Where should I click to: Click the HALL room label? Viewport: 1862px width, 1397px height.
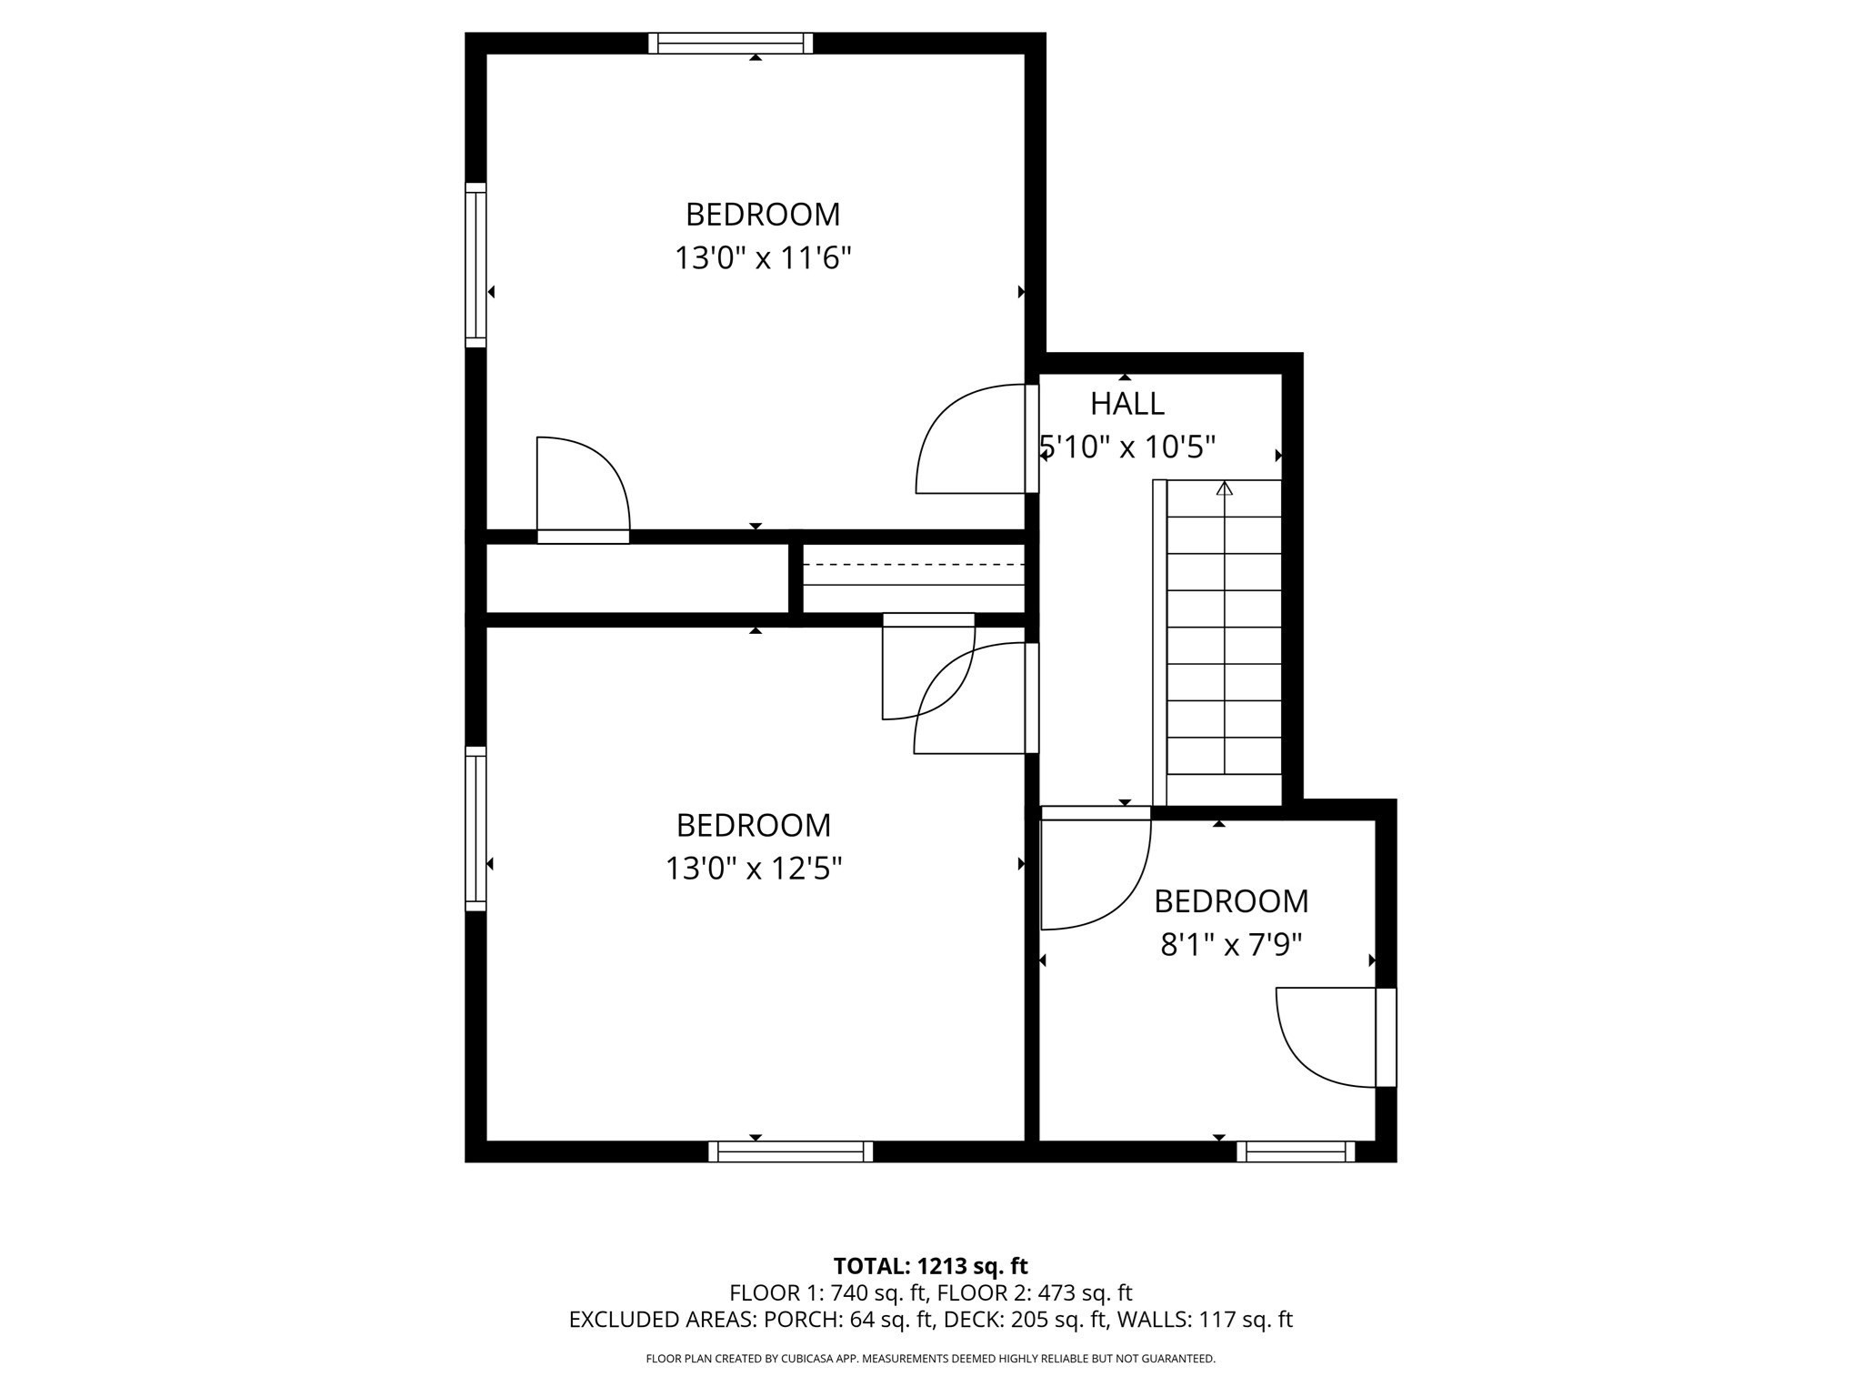click(1126, 403)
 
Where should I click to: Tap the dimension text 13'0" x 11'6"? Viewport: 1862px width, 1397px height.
click(762, 258)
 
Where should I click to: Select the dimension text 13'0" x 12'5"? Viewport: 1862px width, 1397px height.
click(753, 869)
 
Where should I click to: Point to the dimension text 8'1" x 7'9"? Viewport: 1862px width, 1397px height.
click(1231, 945)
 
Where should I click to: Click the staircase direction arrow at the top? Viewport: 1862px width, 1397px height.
click(1225, 488)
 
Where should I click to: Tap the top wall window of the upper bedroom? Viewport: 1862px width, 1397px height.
click(731, 43)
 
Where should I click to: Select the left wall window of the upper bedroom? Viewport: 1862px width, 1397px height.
click(476, 265)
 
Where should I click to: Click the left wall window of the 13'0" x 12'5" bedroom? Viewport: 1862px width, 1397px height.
click(476, 829)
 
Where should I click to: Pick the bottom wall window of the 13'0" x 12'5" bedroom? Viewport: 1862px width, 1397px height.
click(791, 1151)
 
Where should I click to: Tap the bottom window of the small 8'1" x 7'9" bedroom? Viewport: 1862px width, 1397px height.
click(1296, 1151)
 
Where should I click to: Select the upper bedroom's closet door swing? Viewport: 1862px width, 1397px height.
click(582, 487)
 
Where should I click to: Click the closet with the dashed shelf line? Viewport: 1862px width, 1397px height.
click(914, 578)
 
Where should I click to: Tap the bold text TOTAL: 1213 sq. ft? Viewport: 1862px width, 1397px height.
click(930, 1266)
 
